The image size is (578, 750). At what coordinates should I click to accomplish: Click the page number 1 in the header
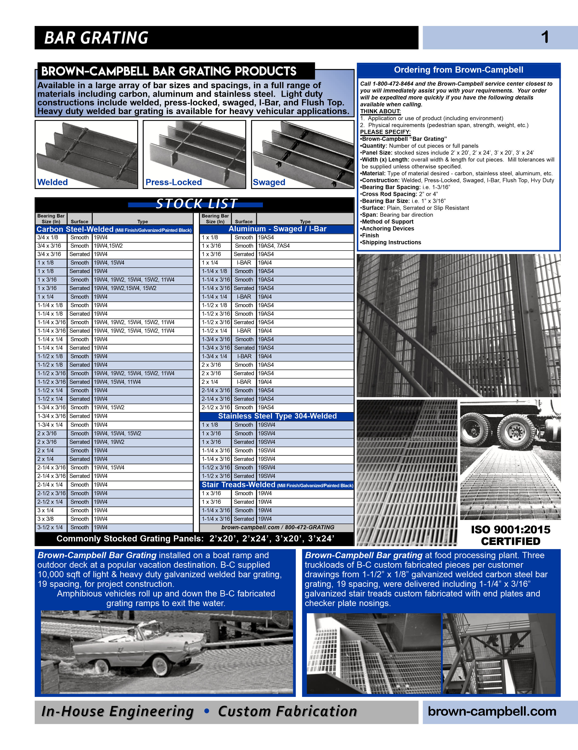click(x=545, y=37)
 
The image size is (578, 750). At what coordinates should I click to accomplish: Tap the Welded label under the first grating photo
click(x=53, y=182)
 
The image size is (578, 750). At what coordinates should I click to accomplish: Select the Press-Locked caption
click(x=173, y=182)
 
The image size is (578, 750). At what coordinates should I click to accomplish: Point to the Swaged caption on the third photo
click(x=269, y=182)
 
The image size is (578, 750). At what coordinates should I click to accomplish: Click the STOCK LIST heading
click(x=196, y=204)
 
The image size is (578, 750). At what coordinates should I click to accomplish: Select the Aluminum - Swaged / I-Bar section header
click(x=277, y=229)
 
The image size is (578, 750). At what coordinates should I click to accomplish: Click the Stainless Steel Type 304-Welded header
click(x=277, y=416)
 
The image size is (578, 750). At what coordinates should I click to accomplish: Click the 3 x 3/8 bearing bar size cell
click(x=46, y=519)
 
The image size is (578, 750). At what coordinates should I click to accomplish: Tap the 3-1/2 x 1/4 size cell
click(x=50, y=528)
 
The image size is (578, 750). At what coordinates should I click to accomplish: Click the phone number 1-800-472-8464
click(x=393, y=84)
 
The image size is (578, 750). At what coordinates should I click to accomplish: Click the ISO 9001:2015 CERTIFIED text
click(x=510, y=535)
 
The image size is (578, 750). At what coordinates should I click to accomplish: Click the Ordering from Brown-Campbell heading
click(x=458, y=70)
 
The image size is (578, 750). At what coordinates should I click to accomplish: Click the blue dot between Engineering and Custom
click(x=207, y=711)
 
